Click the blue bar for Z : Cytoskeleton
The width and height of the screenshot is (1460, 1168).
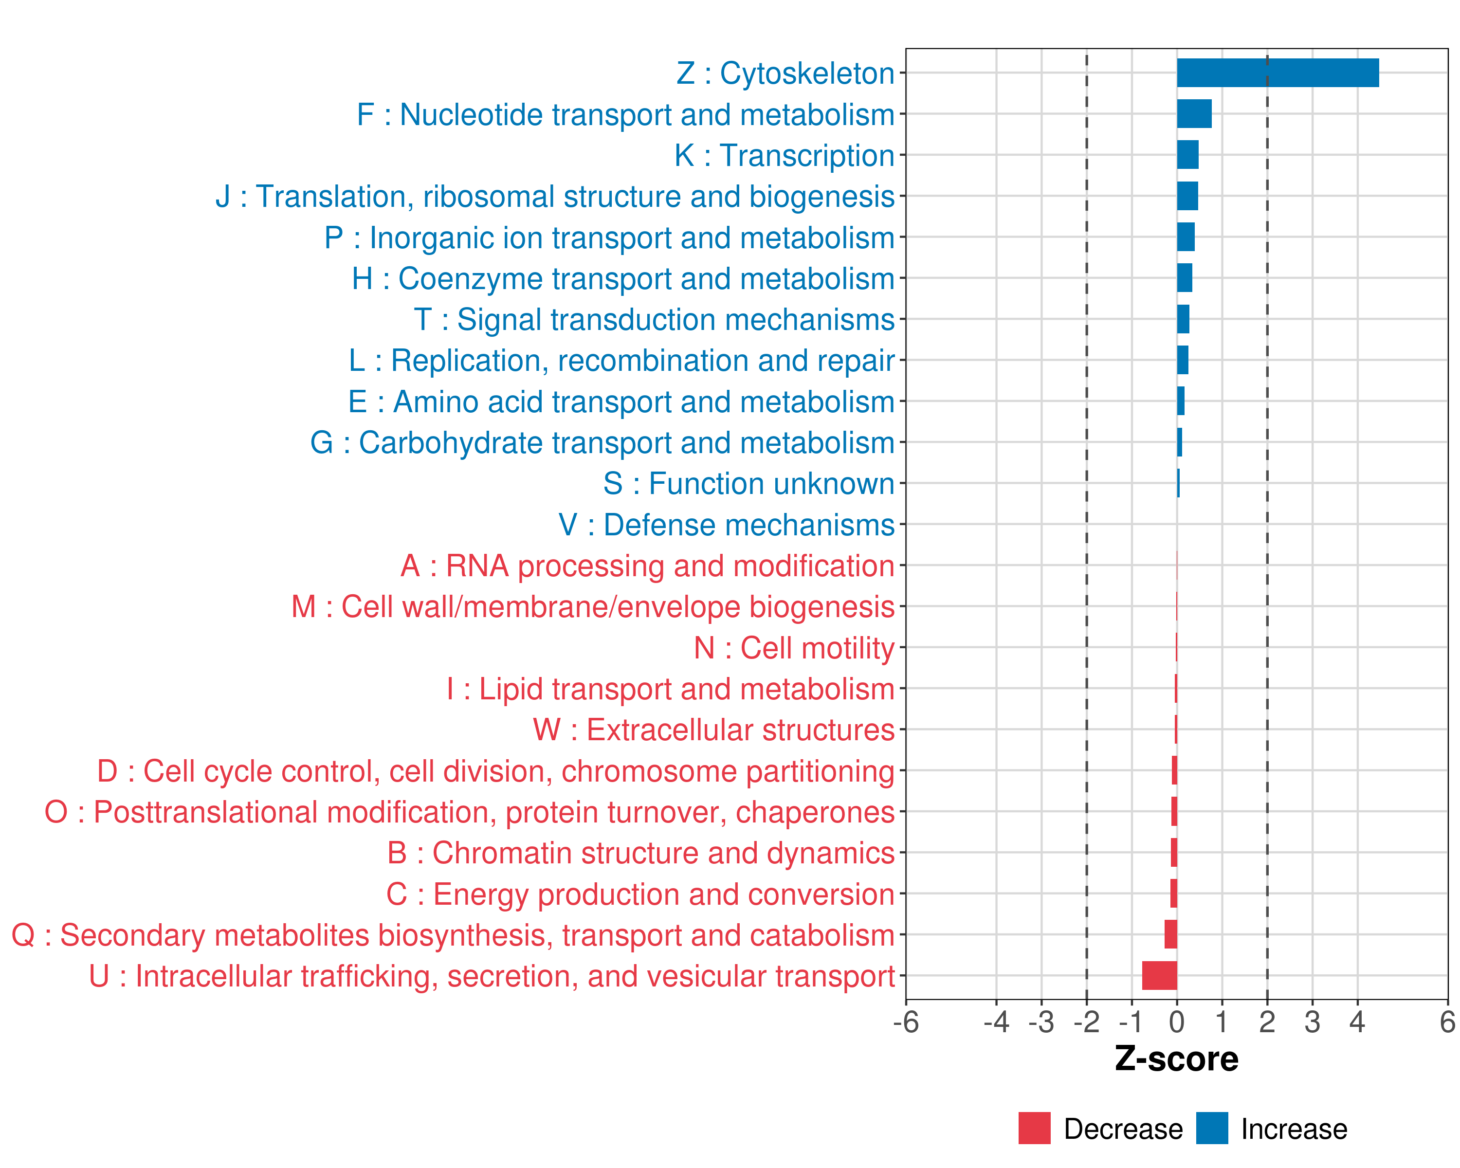tap(1277, 73)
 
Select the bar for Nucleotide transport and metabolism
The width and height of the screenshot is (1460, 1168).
tap(1194, 114)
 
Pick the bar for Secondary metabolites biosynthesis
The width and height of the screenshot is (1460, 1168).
tap(1171, 934)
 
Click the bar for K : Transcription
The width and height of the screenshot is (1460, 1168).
tap(1188, 155)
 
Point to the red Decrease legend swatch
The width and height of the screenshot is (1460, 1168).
tap(1034, 1128)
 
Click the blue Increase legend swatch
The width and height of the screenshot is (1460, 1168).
tap(1211, 1128)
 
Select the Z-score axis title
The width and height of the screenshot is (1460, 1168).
tap(1176, 1059)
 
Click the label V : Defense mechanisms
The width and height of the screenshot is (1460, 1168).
tap(726, 525)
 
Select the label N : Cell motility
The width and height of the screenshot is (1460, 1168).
tap(794, 648)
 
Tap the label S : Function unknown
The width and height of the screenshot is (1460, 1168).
tap(748, 483)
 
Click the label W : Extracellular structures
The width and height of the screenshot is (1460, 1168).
tap(714, 730)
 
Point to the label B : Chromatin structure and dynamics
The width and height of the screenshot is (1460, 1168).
tap(640, 853)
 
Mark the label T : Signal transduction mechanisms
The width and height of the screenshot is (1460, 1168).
tap(654, 320)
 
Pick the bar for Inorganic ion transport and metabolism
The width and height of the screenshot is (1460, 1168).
tap(1186, 237)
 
